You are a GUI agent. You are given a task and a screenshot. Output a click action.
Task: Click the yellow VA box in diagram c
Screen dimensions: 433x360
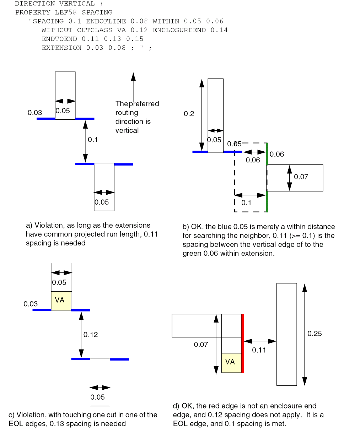tap(61, 301)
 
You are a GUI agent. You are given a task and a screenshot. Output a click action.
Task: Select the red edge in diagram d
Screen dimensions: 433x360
tap(242, 343)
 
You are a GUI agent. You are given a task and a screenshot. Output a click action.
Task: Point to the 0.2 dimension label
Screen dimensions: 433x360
tap(189, 114)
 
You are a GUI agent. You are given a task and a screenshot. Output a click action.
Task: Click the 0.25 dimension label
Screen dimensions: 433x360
tap(315, 334)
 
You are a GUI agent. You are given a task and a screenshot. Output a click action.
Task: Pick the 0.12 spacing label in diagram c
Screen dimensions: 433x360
tap(91, 335)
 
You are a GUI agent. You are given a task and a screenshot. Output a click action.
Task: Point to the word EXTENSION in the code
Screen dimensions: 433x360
tap(61, 48)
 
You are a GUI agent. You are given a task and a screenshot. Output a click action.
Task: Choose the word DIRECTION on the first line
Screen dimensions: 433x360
tap(35, 4)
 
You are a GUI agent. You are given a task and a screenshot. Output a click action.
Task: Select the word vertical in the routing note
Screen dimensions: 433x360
tap(127, 130)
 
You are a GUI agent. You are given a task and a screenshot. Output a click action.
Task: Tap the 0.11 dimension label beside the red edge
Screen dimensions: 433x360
tap(259, 350)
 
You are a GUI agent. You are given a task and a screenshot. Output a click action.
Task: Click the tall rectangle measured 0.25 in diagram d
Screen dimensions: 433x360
tap(286, 334)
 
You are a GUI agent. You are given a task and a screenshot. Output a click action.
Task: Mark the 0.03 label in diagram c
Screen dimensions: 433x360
tap(31, 304)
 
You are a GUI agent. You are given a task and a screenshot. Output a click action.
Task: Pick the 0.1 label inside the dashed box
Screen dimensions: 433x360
tap(246, 203)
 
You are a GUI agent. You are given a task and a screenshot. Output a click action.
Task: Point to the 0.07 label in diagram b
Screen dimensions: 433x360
tap(301, 177)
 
